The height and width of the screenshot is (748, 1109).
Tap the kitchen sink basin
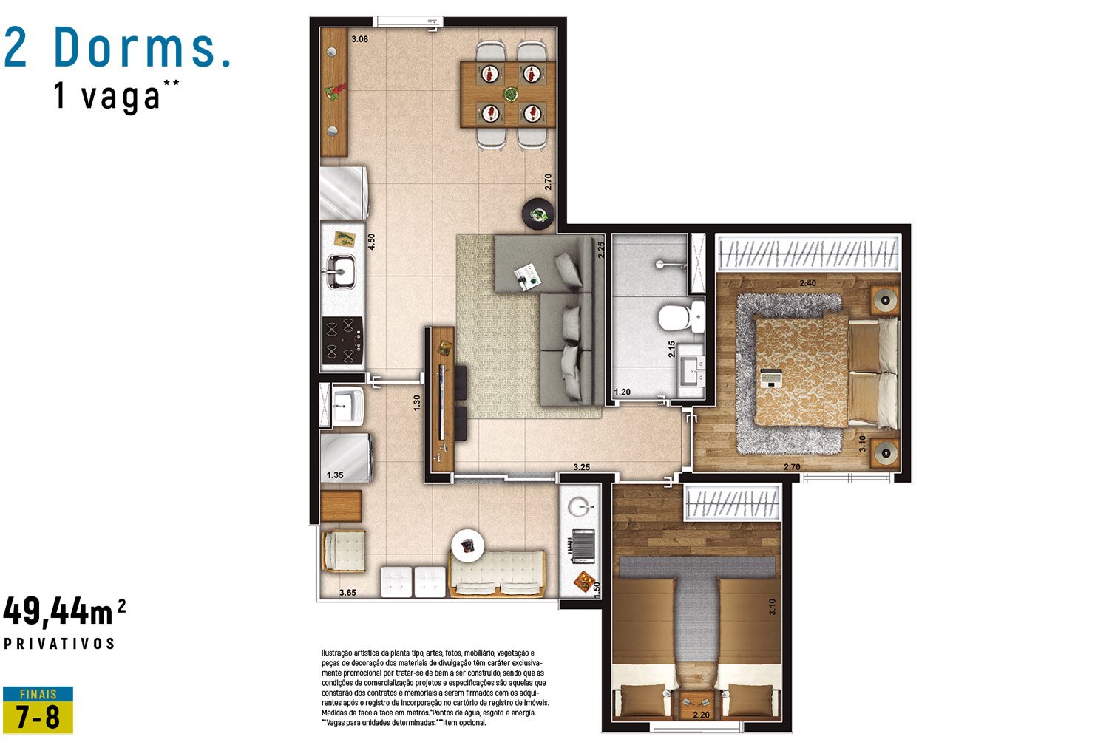(341, 271)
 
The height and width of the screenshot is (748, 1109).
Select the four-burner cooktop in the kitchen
(342, 341)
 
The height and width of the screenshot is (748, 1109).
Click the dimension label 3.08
(360, 39)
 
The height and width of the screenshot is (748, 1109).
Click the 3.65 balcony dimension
(347, 593)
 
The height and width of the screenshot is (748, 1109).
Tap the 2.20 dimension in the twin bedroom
(701, 715)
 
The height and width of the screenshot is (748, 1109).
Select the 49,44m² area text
(65, 611)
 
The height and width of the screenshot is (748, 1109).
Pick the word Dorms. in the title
(143, 47)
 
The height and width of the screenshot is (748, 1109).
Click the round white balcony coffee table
(467, 545)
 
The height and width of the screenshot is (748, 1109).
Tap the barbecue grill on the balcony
(583, 546)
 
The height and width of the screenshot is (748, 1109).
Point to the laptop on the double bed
(771, 378)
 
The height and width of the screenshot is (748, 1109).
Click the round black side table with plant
(537, 214)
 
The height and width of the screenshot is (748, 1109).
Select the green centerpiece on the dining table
(509, 94)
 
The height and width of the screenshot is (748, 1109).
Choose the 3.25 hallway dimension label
(581, 467)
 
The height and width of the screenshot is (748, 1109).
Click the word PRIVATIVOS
(59, 644)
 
